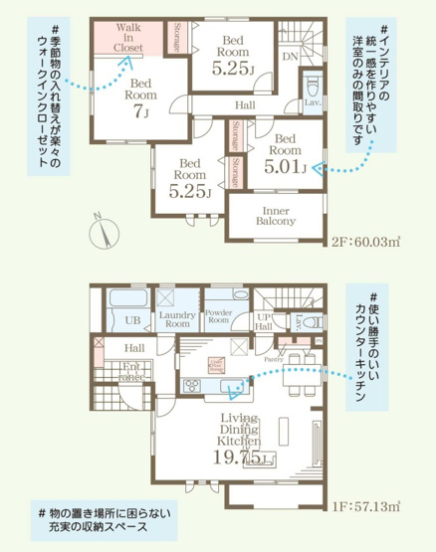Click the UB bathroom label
coord(130,319)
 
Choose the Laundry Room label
coord(176,319)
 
